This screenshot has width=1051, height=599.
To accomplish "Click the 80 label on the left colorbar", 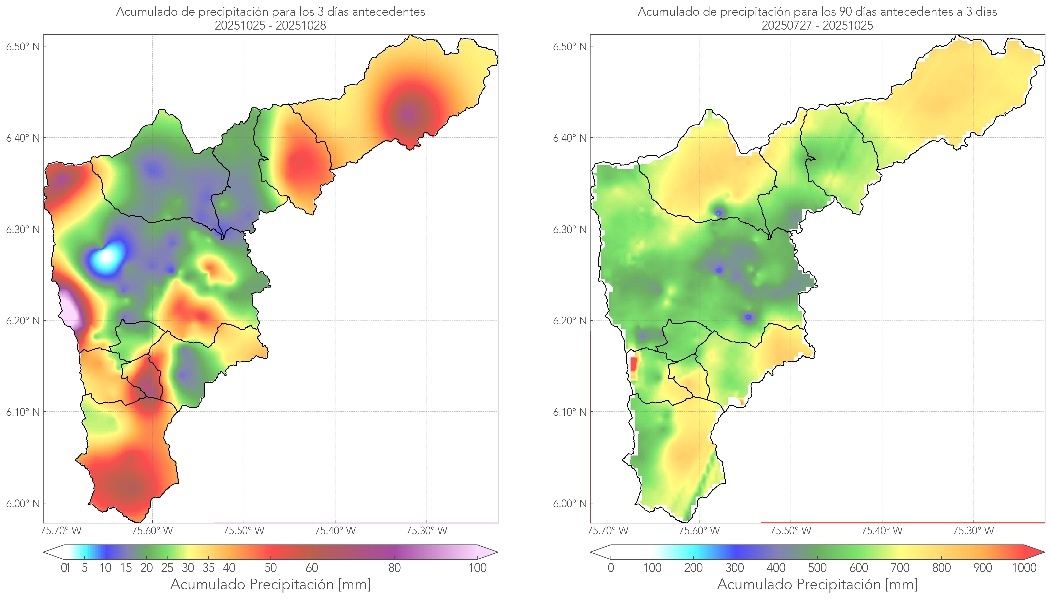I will [394, 568].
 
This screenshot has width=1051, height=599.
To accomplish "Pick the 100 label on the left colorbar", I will [477, 568].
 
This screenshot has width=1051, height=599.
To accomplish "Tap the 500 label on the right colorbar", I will [817, 568].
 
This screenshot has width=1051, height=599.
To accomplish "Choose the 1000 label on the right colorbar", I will [1024, 568].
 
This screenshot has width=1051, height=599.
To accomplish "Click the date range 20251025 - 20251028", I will [270, 25].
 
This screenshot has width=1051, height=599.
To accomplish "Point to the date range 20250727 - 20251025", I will [817, 25].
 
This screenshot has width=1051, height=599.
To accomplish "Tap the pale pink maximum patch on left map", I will [70, 308].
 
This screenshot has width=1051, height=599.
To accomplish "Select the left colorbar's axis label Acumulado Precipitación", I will [270, 584].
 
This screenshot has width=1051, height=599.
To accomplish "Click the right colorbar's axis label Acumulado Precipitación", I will [817, 584].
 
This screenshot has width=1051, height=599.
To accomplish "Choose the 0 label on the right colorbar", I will [611, 568].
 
